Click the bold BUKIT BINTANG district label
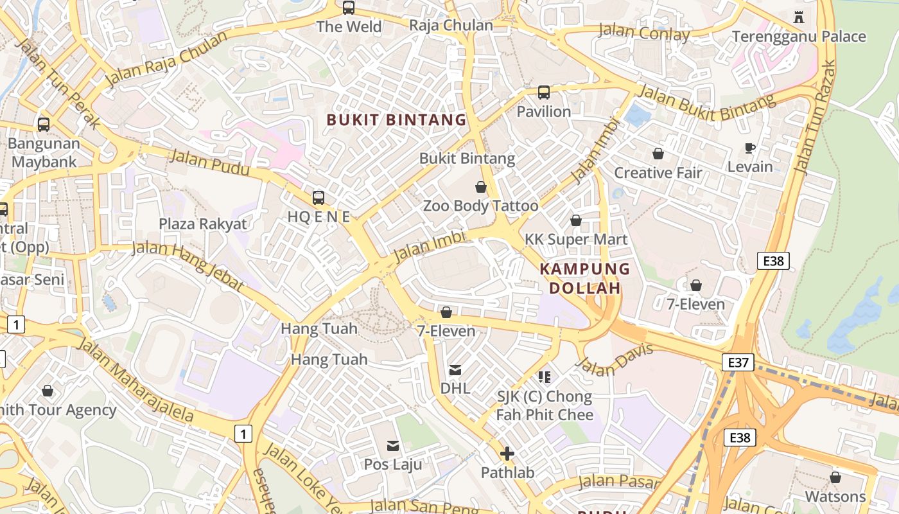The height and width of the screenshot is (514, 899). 396,120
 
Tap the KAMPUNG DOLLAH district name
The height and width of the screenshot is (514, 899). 584,278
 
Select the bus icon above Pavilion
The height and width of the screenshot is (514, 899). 544,93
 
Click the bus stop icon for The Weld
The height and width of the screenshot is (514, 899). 349,8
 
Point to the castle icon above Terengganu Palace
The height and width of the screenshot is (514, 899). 799,17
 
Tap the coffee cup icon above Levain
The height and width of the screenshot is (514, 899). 749,148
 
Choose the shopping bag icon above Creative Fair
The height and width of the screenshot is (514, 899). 658,154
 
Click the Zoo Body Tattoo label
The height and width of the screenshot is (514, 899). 480,206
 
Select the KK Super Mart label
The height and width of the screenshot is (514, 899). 576,240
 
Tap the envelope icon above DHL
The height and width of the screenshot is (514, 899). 455,369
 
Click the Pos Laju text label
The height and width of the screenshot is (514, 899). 393,464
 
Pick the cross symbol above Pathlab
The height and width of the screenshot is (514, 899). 507,454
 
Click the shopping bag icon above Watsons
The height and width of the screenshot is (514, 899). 835,477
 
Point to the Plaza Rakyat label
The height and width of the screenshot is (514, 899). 203,224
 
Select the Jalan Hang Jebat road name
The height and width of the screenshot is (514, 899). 187,265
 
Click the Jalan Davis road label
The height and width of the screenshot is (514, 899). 615,360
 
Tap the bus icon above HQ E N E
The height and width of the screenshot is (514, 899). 318,197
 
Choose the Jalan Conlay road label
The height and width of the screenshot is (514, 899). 644,32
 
